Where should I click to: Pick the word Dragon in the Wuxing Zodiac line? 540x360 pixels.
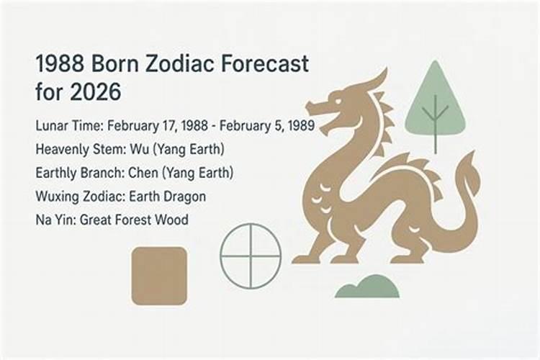click(x=183, y=196)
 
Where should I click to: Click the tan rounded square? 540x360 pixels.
click(x=159, y=275)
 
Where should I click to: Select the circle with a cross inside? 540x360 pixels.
click(x=250, y=256)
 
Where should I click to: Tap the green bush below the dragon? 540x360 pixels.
click(x=367, y=287)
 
